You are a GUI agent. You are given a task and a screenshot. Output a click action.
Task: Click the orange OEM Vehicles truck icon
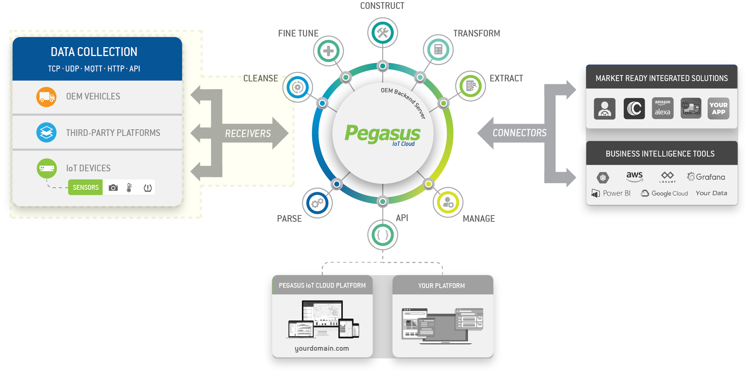pyautogui.click(x=46, y=97)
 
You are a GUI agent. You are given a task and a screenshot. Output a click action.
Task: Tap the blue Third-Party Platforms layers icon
pyautogui.click(x=46, y=133)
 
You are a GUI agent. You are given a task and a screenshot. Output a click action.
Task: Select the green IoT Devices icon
pyautogui.click(x=47, y=168)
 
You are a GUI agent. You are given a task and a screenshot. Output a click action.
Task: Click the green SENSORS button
pyautogui.click(x=85, y=187)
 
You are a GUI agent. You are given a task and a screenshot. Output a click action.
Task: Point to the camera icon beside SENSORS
pyautogui.click(x=113, y=188)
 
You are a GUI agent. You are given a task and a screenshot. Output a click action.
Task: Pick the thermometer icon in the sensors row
pyautogui.click(x=129, y=188)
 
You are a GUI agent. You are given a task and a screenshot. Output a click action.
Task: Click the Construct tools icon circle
pyautogui.click(x=383, y=32)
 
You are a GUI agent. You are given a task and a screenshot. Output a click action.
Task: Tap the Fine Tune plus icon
pyautogui.click(x=328, y=51)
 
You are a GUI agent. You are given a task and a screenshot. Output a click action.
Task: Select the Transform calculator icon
pyautogui.click(x=438, y=49)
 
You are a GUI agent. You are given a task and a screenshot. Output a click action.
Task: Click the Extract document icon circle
pyautogui.click(x=471, y=86)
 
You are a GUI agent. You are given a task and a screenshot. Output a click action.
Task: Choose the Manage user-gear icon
pyautogui.click(x=448, y=202)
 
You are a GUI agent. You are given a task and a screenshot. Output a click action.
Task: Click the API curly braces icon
pyautogui.click(x=383, y=235)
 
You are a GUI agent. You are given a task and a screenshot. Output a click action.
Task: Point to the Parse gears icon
pyautogui.click(x=317, y=203)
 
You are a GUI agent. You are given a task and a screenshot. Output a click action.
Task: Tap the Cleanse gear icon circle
pyautogui.click(x=297, y=87)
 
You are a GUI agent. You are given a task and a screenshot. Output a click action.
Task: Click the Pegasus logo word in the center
pyautogui.click(x=382, y=133)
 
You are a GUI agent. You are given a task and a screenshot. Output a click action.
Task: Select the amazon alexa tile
pyautogui.click(x=662, y=108)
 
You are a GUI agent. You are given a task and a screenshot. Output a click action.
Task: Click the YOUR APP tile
pyautogui.click(x=718, y=108)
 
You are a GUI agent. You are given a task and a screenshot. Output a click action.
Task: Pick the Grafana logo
pyautogui.click(x=706, y=177)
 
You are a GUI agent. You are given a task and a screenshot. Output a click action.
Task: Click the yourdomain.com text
pyautogui.click(x=322, y=348)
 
